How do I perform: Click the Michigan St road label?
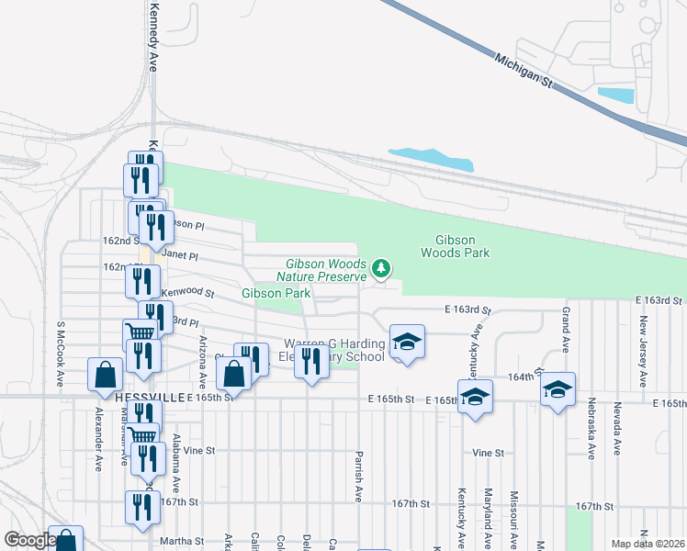525,70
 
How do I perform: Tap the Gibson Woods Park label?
456,246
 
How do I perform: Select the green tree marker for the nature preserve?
381,268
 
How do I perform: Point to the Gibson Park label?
272,293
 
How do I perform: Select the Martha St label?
180,542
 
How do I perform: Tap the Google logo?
28,541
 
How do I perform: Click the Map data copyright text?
648,544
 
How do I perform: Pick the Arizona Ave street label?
203,361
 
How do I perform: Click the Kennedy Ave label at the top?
153,36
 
